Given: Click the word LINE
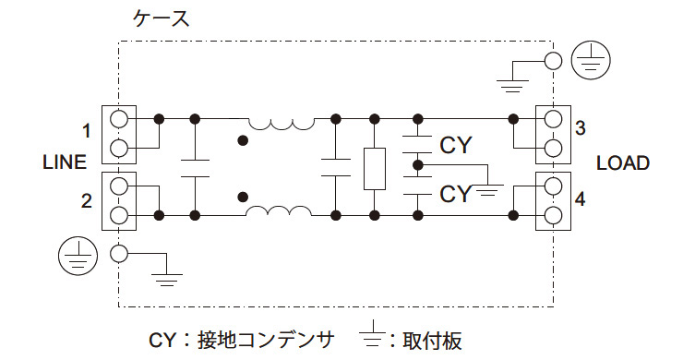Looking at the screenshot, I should tap(65, 162).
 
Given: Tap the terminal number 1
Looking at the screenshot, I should tap(87, 130).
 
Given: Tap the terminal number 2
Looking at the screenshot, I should tap(87, 199).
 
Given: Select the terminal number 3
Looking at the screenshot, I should tap(580, 128).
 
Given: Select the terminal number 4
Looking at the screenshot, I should tap(580, 198).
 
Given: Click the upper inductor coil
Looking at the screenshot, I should tap(280, 124).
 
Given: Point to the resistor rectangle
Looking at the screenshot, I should tap(374, 168).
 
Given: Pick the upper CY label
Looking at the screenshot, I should tap(456, 145).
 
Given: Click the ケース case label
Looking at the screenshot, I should tap(162, 18).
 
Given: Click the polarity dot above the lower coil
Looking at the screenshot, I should tap(244, 196).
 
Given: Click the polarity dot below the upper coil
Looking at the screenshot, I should tap(244, 140).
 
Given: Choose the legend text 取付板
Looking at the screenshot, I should tap(431, 339).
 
